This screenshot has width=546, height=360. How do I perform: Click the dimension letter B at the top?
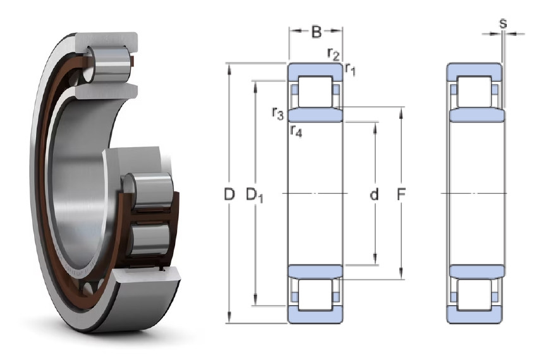coord(316,32)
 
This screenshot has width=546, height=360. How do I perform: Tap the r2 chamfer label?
coord(333,54)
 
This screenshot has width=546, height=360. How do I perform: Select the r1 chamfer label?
coord(350,69)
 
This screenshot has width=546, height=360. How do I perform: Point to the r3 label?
coord(278,113)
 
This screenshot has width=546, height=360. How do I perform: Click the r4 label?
coord(296,131)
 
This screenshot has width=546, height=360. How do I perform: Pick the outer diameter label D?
coord(229,194)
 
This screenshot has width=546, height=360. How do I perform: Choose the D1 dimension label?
coord(255,195)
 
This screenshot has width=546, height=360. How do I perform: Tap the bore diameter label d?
coord(374,194)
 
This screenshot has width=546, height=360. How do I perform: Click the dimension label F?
coord(401,195)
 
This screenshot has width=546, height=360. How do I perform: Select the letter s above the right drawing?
coord(503,23)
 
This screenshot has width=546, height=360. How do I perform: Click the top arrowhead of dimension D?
coord(229,69)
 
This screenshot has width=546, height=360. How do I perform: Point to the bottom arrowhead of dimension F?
coord(401,273)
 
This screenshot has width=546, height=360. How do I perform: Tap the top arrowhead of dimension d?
coord(375,128)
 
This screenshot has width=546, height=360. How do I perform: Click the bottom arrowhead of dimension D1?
coord(255,300)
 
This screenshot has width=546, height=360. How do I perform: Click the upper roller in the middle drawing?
coord(315,92)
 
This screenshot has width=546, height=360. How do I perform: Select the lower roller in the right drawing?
coord(475,294)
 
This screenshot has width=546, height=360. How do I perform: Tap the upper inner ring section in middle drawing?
coord(315,114)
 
